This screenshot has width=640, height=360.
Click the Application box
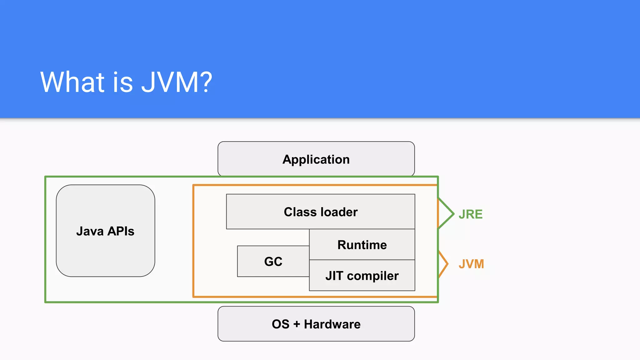pyautogui.click(x=316, y=159)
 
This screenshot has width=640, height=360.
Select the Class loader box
pyautogui.click(x=320, y=212)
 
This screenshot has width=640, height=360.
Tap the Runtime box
pyautogui.click(x=362, y=244)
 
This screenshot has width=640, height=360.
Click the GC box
pyautogui.click(x=273, y=261)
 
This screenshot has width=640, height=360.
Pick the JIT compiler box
pyautogui.click(x=362, y=276)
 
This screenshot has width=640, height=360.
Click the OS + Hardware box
pyautogui.click(x=316, y=324)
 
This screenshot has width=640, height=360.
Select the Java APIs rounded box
pyautogui.click(x=105, y=231)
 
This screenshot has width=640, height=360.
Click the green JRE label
pyautogui.click(x=470, y=214)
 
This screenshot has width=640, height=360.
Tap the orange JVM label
pyautogui.click(x=471, y=264)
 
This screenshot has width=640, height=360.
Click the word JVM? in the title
pyautogui.click(x=177, y=82)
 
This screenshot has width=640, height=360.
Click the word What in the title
pyautogui.click(x=72, y=82)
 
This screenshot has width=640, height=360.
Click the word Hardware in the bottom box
pyautogui.click(x=332, y=324)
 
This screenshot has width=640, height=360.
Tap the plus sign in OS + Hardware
pyautogui.click(x=297, y=324)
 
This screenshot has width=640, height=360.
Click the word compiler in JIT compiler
pyautogui.click(x=372, y=276)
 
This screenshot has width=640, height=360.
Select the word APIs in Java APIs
pyautogui.click(x=121, y=231)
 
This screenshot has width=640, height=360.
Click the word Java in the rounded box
pyautogui.click(x=90, y=231)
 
